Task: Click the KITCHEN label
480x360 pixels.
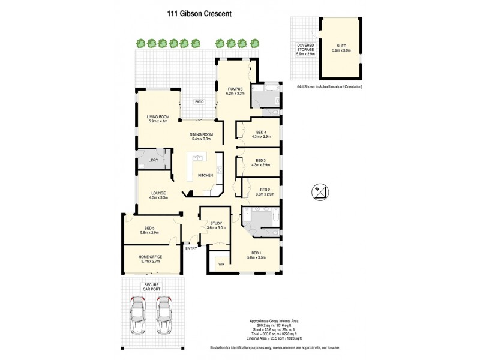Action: coord(206,175)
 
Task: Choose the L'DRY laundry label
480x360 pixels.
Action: coord(153,160)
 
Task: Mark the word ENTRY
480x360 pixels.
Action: coord(191,248)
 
